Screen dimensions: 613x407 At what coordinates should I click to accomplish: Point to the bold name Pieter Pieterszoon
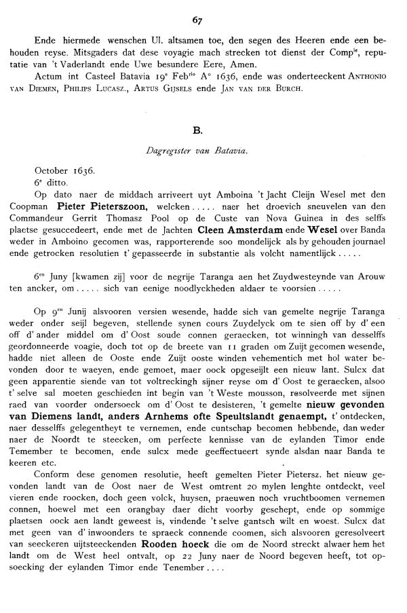(99, 204)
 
